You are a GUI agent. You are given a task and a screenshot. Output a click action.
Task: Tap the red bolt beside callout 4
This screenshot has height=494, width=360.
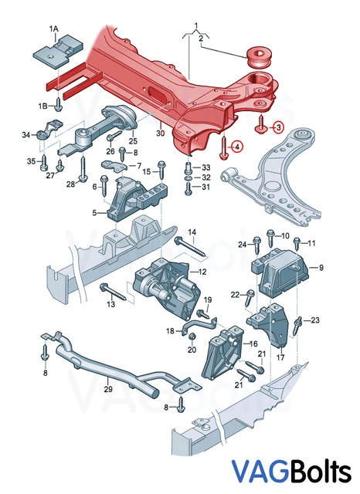pos(222,147)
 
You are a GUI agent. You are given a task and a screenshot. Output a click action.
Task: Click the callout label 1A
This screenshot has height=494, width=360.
pos(53,29)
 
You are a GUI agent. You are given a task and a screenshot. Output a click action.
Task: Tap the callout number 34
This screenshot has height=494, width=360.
pos(26,135)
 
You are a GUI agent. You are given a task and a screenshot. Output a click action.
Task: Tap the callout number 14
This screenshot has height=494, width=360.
pos(192,232)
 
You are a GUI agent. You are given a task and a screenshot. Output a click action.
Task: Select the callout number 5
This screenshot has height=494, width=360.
pos(95,213)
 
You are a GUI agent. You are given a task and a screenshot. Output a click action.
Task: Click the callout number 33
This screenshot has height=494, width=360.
pos(205,167)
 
